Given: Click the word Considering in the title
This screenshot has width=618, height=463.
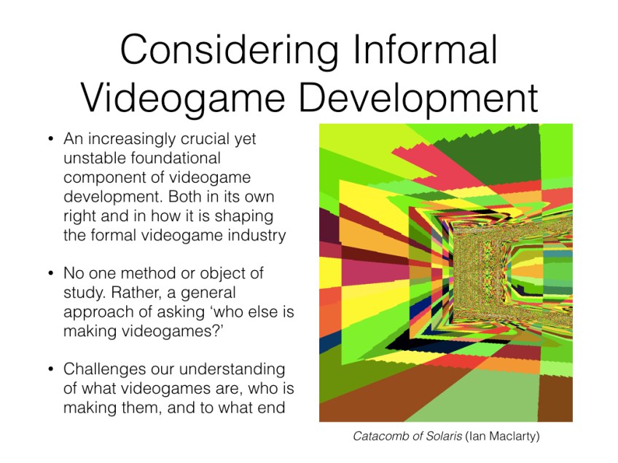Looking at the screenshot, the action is pyautogui.click(x=229, y=51).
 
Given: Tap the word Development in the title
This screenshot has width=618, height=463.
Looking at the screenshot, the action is pyautogui.click(x=418, y=99).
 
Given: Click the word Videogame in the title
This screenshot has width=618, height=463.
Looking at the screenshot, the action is pyautogui.click(x=183, y=99).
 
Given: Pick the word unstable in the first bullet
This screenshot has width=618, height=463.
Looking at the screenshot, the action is pyautogui.click(x=95, y=158).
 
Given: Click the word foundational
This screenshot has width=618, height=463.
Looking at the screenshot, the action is pyautogui.click(x=176, y=158).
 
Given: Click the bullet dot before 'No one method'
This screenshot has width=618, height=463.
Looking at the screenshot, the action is pyautogui.click(x=50, y=273).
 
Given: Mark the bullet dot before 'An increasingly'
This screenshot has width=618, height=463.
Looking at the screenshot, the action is pyautogui.click(x=50, y=139).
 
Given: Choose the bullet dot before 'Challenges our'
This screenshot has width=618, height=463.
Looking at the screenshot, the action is pyautogui.click(x=50, y=369).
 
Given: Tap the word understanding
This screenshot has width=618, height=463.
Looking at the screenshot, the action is pyautogui.click(x=232, y=370).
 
